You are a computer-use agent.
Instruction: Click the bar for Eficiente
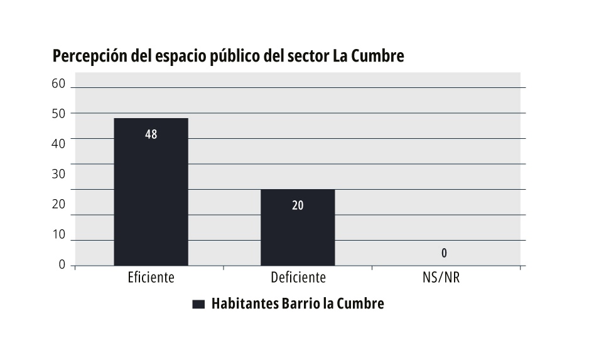tap(151, 192)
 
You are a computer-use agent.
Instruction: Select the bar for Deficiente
tap(298, 227)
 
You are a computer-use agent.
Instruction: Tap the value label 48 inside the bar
tap(151, 134)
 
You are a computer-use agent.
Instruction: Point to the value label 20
tap(298, 205)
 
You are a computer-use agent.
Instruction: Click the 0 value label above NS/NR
tap(444, 253)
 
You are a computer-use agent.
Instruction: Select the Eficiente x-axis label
tap(151, 277)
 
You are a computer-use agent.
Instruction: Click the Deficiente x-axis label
tap(298, 277)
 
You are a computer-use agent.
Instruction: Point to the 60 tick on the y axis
tap(58, 84)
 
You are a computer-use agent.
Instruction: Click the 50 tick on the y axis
tap(58, 113)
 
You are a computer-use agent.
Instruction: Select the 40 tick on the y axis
tap(58, 143)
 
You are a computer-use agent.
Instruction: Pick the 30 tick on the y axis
tap(58, 173)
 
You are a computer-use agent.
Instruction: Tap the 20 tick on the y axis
tap(58, 204)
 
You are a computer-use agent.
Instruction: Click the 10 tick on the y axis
tap(58, 234)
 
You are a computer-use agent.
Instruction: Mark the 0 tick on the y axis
tap(62, 265)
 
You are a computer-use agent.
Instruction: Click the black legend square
tap(198, 305)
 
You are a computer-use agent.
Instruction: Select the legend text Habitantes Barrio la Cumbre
tap(298, 304)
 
